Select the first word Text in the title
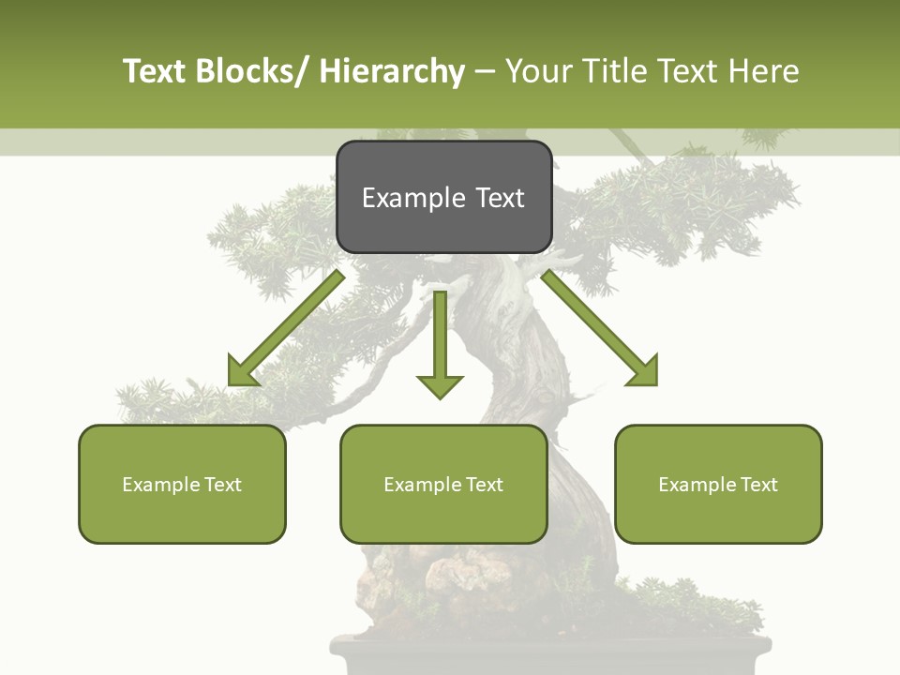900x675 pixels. tap(155, 71)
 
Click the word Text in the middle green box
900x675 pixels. tap(485, 485)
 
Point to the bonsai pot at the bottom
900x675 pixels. tap(553, 656)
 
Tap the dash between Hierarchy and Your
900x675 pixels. tap(485, 71)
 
